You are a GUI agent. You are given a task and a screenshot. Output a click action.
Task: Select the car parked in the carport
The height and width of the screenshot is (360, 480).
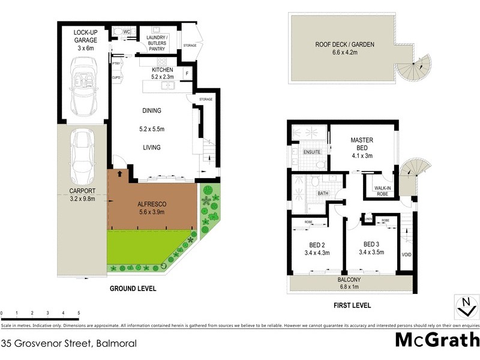[81, 157]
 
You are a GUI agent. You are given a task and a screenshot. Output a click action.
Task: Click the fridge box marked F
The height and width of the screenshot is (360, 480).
[187, 74]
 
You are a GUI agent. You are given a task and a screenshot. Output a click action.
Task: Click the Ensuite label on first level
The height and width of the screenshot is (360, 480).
[310, 152]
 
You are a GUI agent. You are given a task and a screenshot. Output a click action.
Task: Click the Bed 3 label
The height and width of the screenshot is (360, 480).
[372, 244]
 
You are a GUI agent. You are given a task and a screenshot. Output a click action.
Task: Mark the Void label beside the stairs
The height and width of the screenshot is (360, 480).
[406, 254]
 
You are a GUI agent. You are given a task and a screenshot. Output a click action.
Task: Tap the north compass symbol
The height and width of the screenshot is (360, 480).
[463, 307]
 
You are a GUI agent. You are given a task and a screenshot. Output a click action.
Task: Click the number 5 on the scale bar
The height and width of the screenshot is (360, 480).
[79, 313]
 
